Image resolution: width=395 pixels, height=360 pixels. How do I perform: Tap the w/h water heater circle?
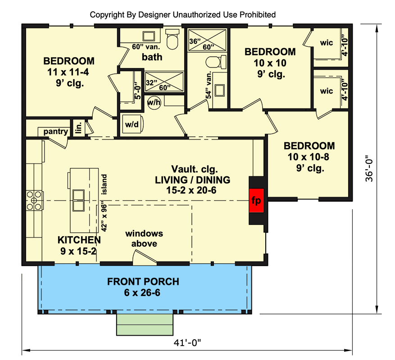pos(154,102)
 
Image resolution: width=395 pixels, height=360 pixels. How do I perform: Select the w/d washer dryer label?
pos(132,124)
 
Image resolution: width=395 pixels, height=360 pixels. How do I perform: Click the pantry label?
pos(56,131)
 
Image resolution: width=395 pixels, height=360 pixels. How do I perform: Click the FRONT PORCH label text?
pos(143,282)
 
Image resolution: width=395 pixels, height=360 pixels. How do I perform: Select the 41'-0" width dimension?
pos(187,342)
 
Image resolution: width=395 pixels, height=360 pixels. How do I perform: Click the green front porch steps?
pos(145,324)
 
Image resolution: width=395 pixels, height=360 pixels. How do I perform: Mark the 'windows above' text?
pos(144,238)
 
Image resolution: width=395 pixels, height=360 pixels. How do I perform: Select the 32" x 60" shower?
pos(164,82)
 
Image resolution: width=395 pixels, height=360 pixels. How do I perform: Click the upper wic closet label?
pos(327,43)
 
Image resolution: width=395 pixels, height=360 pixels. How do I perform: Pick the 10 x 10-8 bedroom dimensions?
pos(309,157)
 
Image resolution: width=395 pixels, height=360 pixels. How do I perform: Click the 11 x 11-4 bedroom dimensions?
pos(68,72)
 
